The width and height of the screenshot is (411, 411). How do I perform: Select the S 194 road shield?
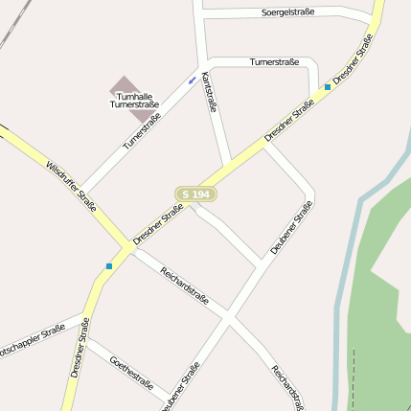tap(195, 194)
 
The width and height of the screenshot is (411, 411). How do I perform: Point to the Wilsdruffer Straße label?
tap(71, 186)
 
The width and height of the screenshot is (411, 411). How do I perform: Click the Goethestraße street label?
tap(132, 373)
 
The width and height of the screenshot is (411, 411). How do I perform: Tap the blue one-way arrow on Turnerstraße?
tap(193, 79)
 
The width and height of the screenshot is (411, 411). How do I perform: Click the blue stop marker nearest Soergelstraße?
tap(328, 86)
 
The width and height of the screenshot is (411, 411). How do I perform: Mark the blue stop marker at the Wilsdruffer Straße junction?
tap(109, 265)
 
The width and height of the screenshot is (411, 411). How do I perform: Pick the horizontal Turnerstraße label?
tap(274, 62)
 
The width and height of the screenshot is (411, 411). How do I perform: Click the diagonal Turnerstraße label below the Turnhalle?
tap(142, 131)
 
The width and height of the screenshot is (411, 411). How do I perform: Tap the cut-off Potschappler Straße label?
tap(33, 337)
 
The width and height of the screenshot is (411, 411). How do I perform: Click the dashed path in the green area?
tap(354, 378)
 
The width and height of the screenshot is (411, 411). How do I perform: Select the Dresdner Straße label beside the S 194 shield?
tap(159, 223)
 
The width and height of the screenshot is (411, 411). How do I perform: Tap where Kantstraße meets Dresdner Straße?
tap(230, 165)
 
